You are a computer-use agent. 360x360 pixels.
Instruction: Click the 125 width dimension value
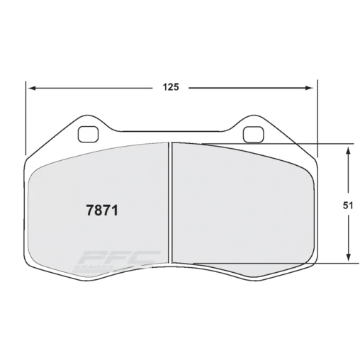170,88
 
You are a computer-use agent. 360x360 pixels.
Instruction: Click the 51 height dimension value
348,206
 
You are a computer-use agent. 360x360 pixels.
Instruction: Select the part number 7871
101,210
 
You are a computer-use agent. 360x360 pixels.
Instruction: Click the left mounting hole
89,133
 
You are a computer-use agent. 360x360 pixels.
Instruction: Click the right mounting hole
252,133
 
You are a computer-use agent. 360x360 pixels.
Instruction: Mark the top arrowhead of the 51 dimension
348,150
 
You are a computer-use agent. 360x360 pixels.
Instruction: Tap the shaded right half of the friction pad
241,206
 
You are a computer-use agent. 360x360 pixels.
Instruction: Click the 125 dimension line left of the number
92,89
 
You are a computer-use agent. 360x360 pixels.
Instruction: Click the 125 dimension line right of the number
248,89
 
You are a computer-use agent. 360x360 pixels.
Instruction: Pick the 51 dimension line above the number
348,174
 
